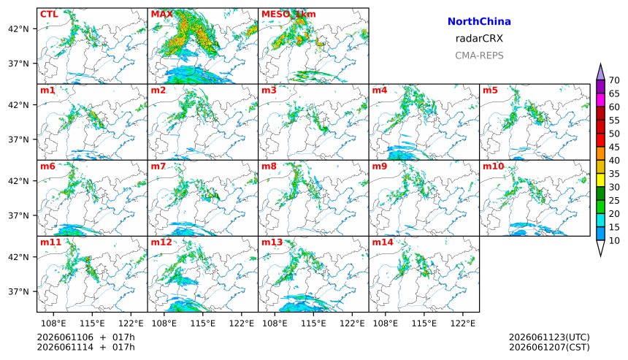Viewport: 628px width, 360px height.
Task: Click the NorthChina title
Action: (479, 22)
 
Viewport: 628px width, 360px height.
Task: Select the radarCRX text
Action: (479, 39)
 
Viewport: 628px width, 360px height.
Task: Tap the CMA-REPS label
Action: (479, 55)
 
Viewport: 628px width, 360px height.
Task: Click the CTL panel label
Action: (49, 15)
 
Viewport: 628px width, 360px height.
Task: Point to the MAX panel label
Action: (162, 15)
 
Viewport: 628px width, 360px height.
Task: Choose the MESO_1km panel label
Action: (288, 15)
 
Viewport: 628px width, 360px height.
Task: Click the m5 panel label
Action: (490, 90)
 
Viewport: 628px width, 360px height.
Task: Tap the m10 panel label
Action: (493, 166)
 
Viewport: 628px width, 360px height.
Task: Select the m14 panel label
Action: (383, 242)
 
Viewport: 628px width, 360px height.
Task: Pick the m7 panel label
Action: (158, 166)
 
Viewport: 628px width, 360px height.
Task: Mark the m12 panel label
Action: (161, 242)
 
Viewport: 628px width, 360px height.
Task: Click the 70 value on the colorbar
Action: (614, 80)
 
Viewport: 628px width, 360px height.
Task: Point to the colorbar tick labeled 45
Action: (614, 148)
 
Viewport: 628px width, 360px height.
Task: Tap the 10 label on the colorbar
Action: (614, 241)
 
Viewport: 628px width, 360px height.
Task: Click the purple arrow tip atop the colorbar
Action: (600, 64)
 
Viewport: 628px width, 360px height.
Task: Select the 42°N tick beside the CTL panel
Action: (18, 28)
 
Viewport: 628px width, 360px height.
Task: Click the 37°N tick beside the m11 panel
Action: (18, 291)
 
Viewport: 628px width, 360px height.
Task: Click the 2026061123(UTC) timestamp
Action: (549, 337)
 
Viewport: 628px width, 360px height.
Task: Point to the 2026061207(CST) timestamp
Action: (549, 347)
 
